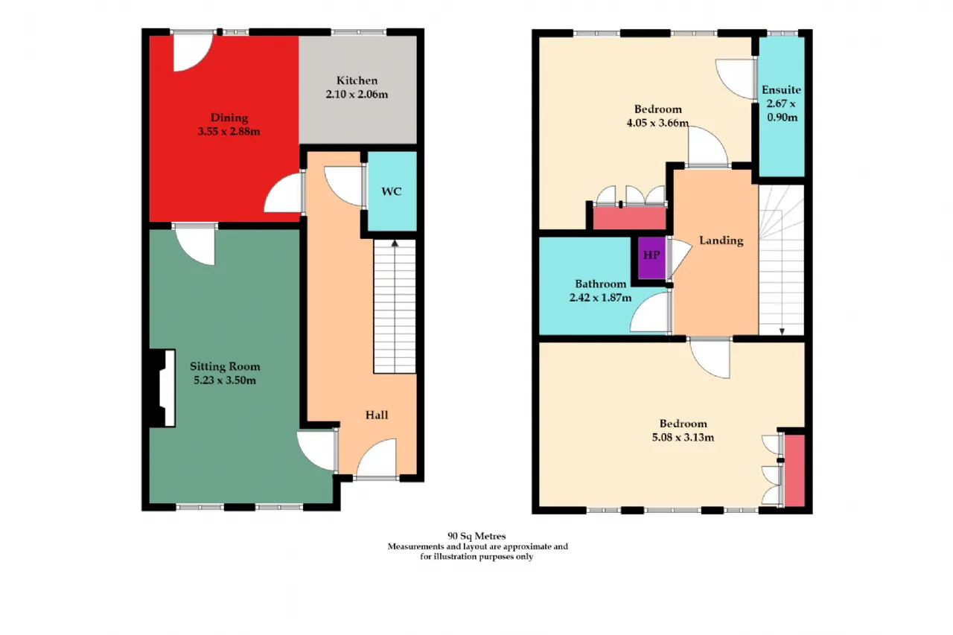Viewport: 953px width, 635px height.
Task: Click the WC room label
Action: (x=392, y=191)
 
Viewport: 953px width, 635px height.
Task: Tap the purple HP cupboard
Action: (x=651, y=258)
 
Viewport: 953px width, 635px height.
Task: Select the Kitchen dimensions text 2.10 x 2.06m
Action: (x=357, y=95)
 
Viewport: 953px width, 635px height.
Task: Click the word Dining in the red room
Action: (x=229, y=118)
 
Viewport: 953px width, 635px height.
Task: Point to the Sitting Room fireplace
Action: (x=162, y=388)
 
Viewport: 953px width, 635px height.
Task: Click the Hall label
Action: (x=377, y=415)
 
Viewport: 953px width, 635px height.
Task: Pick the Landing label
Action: (x=721, y=240)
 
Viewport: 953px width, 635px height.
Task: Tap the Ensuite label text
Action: (x=781, y=90)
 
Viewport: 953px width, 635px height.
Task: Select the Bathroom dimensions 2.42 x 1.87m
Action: (x=600, y=298)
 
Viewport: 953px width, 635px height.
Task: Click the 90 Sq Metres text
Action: (x=476, y=536)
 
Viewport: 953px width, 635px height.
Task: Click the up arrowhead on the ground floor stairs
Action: (x=395, y=243)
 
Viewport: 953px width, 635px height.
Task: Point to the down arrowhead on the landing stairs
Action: (x=782, y=331)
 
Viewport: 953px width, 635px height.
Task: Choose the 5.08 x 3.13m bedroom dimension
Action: (x=683, y=437)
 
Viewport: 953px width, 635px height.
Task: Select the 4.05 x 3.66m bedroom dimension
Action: (x=657, y=123)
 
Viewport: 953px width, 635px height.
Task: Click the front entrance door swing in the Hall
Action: (x=377, y=459)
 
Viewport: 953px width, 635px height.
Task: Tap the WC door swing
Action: (x=343, y=187)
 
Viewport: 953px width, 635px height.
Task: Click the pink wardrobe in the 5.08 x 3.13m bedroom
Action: (x=794, y=470)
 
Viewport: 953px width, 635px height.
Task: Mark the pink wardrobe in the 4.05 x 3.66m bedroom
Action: (x=630, y=218)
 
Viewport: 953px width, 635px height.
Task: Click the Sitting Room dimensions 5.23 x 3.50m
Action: (x=225, y=380)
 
